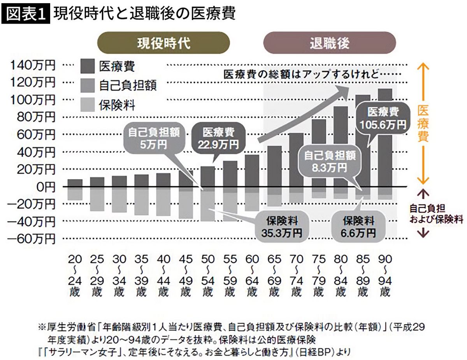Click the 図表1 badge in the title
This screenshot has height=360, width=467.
26,14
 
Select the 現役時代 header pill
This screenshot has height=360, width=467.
163,43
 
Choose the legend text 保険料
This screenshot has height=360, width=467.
117,105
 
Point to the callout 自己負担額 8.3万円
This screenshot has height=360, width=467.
330,161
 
